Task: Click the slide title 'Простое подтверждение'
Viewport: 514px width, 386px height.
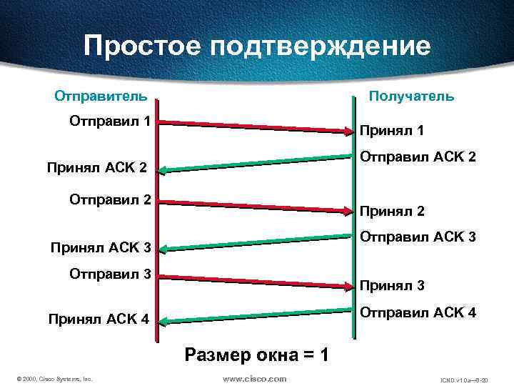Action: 257,46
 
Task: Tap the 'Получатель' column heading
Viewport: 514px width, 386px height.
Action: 410,96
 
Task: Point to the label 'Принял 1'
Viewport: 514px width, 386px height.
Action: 392,131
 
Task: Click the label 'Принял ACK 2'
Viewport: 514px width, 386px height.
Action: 96,169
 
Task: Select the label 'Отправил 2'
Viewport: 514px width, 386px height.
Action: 109,199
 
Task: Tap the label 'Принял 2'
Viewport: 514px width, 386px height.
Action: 392,212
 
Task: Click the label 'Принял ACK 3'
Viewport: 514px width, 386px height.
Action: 100,248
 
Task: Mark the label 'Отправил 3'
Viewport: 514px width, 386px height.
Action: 109,273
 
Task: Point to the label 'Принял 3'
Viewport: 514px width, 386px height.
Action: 392,286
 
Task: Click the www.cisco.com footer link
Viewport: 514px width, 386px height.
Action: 255,378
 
